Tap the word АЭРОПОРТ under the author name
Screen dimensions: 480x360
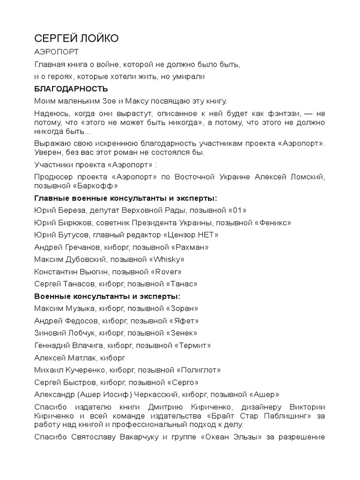57,52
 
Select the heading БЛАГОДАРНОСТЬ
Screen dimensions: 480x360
71,89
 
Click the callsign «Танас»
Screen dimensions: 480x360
179,284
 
